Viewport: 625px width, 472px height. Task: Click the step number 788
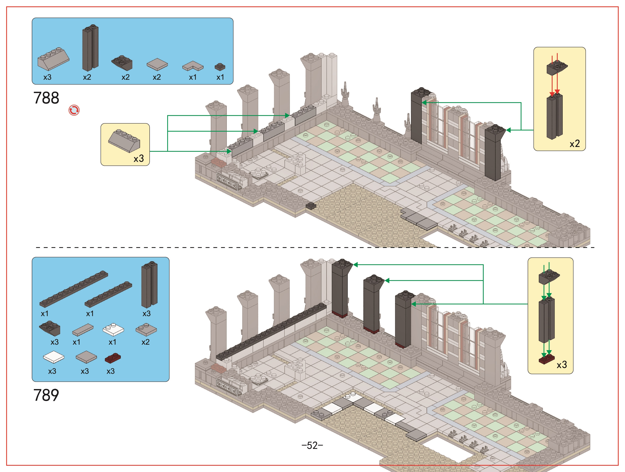pos(46,98)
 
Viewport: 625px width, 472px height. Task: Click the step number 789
pos(46,395)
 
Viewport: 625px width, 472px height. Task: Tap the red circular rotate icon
pos(74,110)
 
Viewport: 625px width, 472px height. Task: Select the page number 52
pos(312,445)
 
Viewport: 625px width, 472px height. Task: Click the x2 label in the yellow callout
pos(575,144)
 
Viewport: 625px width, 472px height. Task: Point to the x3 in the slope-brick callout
pos(139,158)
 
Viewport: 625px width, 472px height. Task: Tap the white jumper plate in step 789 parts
pos(113,329)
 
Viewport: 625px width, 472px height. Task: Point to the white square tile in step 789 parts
pos(53,357)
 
